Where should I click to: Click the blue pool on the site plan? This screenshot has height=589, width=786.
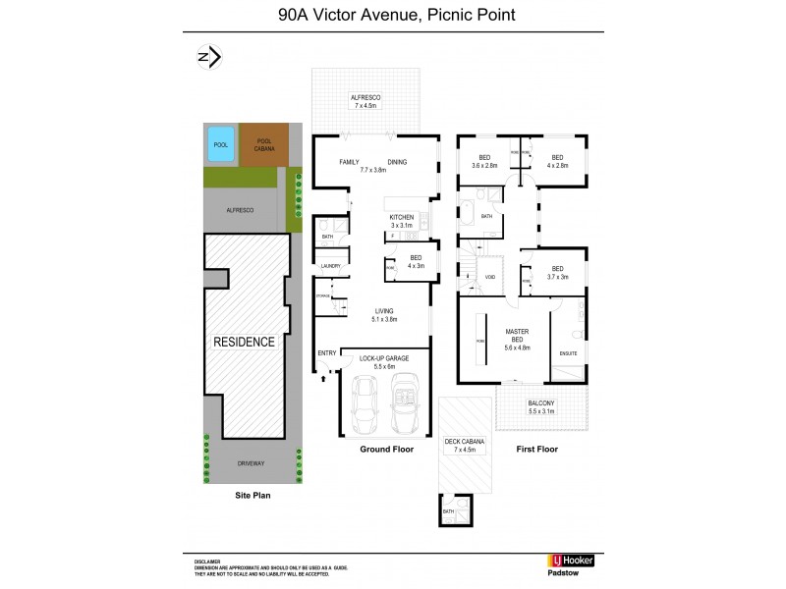point(221,144)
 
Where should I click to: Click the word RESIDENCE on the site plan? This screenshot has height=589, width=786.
point(246,343)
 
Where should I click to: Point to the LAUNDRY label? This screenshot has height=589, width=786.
point(329,265)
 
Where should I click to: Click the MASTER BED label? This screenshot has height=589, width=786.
point(517,336)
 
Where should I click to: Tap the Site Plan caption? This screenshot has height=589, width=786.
point(252,496)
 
